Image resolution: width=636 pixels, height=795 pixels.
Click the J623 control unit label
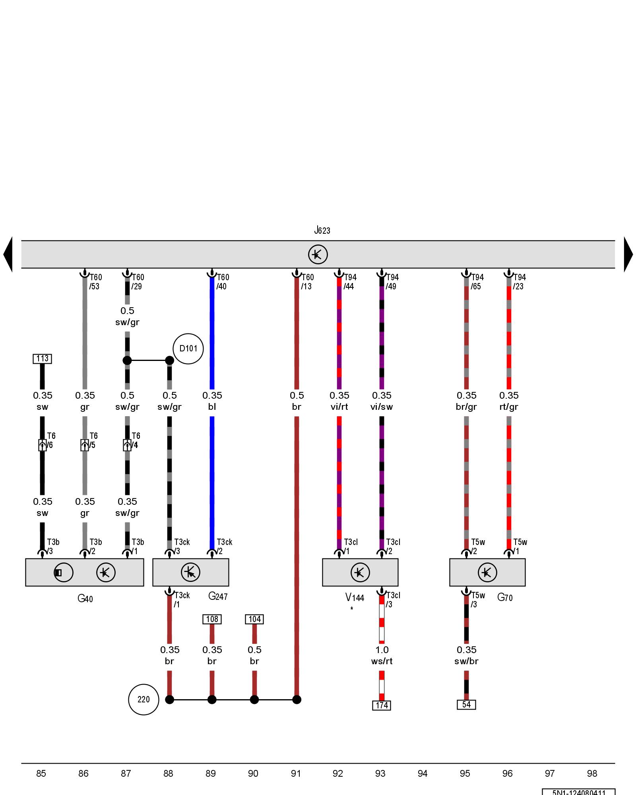click(x=322, y=230)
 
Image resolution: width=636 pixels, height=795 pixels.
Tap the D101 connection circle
click(x=188, y=349)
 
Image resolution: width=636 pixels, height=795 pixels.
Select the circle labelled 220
click(x=143, y=699)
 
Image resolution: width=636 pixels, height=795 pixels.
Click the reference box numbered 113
click(x=42, y=359)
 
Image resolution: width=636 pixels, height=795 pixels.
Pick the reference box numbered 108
click(x=212, y=619)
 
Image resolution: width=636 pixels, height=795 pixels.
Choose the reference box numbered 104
click(x=254, y=619)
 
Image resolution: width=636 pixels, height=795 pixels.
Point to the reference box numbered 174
click(x=382, y=705)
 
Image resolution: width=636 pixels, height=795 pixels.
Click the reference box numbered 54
click(x=466, y=704)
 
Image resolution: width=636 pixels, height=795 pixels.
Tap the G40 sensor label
click(x=85, y=598)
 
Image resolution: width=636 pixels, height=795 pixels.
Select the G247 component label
click(x=218, y=596)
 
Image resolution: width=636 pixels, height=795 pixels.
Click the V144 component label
click(x=355, y=597)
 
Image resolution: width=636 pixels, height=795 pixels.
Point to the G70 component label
click(x=505, y=597)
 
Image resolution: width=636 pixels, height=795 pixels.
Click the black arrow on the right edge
click(x=628, y=254)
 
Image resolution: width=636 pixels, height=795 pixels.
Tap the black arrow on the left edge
click(x=8, y=254)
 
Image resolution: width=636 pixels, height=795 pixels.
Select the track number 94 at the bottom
click(x=423, y=773)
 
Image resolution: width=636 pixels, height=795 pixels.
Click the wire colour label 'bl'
click(x=212, y=407)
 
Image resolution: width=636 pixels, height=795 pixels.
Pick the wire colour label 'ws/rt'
click(x=382, y=661)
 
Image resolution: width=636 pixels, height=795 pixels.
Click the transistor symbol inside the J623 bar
click(x=318, y=254)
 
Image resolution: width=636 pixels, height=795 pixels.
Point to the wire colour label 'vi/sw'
click(x=382, y=407)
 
